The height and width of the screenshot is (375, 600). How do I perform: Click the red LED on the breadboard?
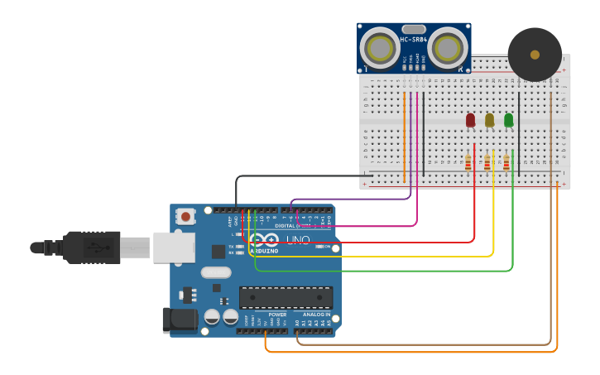pyautogui.click(x=470, y=120)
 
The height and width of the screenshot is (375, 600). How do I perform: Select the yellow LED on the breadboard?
pyautogui.click(x=489, y=120)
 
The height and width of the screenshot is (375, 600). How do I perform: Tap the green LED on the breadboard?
pyautogui.click(x=508, y=120)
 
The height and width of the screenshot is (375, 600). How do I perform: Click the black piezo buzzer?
pyautogui.click(x=535, y=55)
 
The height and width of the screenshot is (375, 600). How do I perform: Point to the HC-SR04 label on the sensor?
pyautogui.click(x=413, y=40)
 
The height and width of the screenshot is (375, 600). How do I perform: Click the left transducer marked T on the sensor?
pyautogui.click(x=381, y=49)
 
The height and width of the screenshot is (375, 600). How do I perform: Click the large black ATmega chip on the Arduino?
pyautogui.click(x=286, y=297)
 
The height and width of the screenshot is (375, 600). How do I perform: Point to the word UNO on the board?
pyautogui.click(x=297, y=240)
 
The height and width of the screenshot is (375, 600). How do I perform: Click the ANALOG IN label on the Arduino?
pyautogui.click(x=315, y=315)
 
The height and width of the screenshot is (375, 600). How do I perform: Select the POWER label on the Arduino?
pyautogui.click(x=277, y=315)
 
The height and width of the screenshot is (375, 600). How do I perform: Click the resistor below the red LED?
pyautogui.click(x=468, y=162)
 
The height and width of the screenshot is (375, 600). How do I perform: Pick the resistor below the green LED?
pyautogui.click(x=506, y=162)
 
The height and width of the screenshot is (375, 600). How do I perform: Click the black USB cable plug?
pyautogui.click(x=91, y=247)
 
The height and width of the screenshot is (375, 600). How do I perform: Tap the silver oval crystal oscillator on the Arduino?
pyautogui.click(x=215, y=272)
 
